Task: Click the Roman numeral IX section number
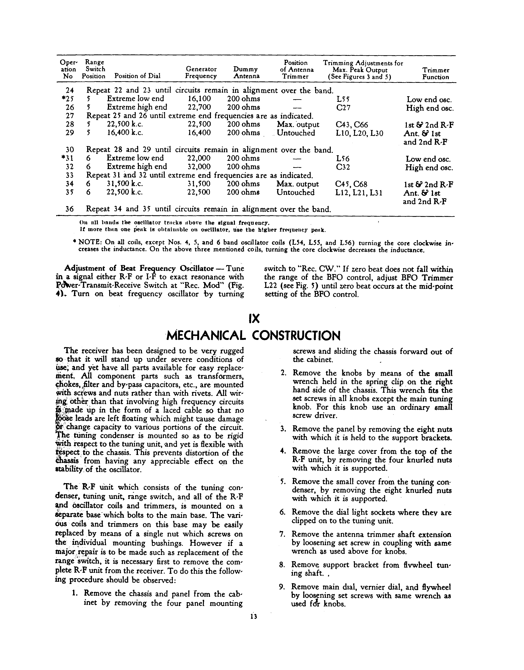[x=254, y=319]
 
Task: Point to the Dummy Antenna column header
[x=246, y=73]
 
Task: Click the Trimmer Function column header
[x=435, y=74]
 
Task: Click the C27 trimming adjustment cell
[x=343, y=108]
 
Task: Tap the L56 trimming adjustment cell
[x=343, y=159]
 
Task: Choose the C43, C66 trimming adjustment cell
[x=352, y=125]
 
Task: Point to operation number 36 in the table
[x=70, y=209]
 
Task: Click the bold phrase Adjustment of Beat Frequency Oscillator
[x=139, y=268]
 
